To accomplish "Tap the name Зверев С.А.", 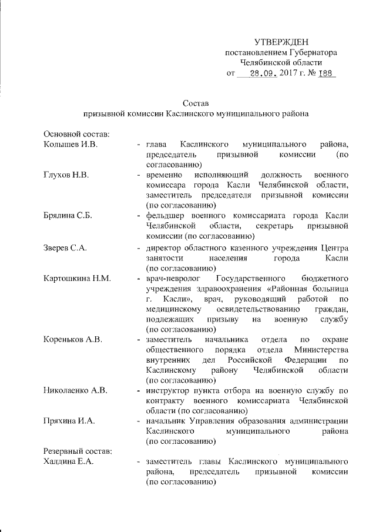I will [65, 247].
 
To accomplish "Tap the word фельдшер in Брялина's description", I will [166, 216].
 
